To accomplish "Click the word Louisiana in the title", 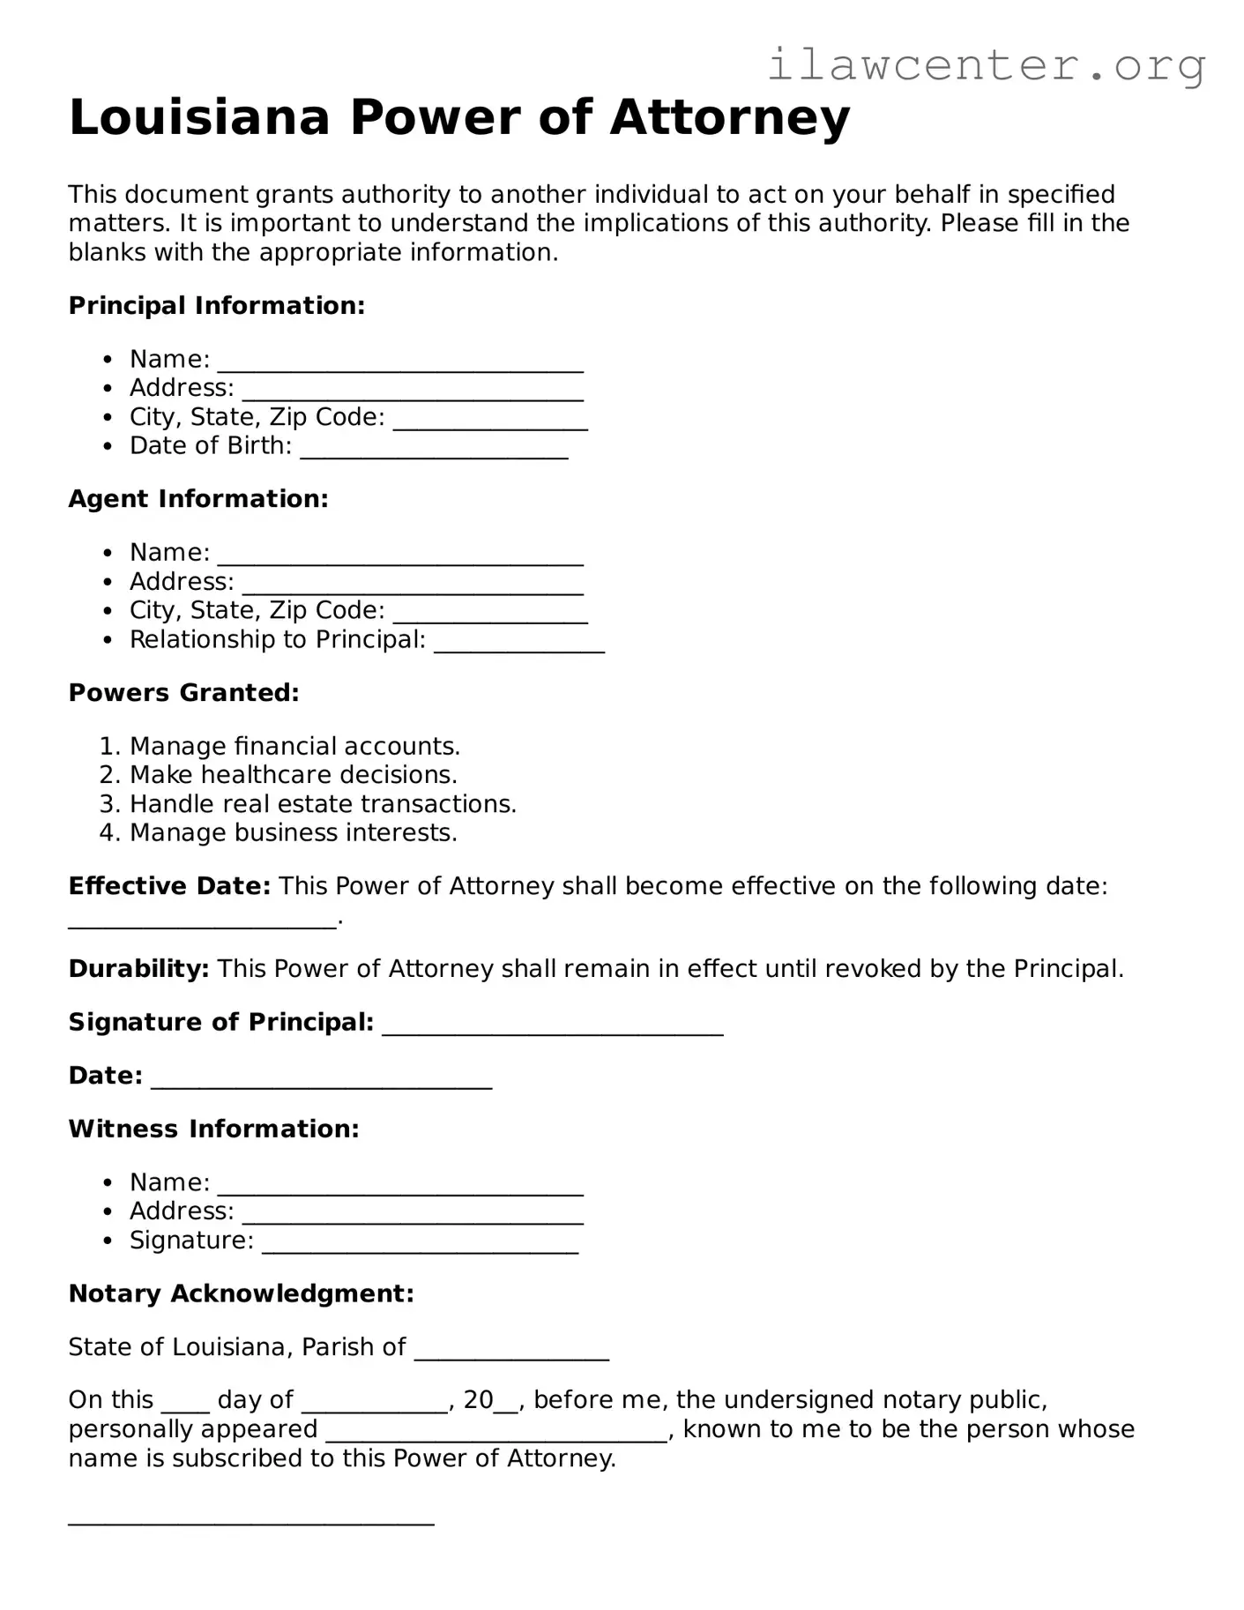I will tap(199, 117).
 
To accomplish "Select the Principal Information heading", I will tap(216, 306).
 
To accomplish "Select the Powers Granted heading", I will tap(183, 693).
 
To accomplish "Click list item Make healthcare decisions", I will tap(293, 775).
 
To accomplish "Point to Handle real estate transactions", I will tap(323, 804).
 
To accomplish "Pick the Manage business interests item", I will tap(293, 833).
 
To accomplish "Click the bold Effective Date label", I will tap(169, 886).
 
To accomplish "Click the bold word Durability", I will tap(138, 969).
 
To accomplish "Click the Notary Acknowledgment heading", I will tap(241, 1293).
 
